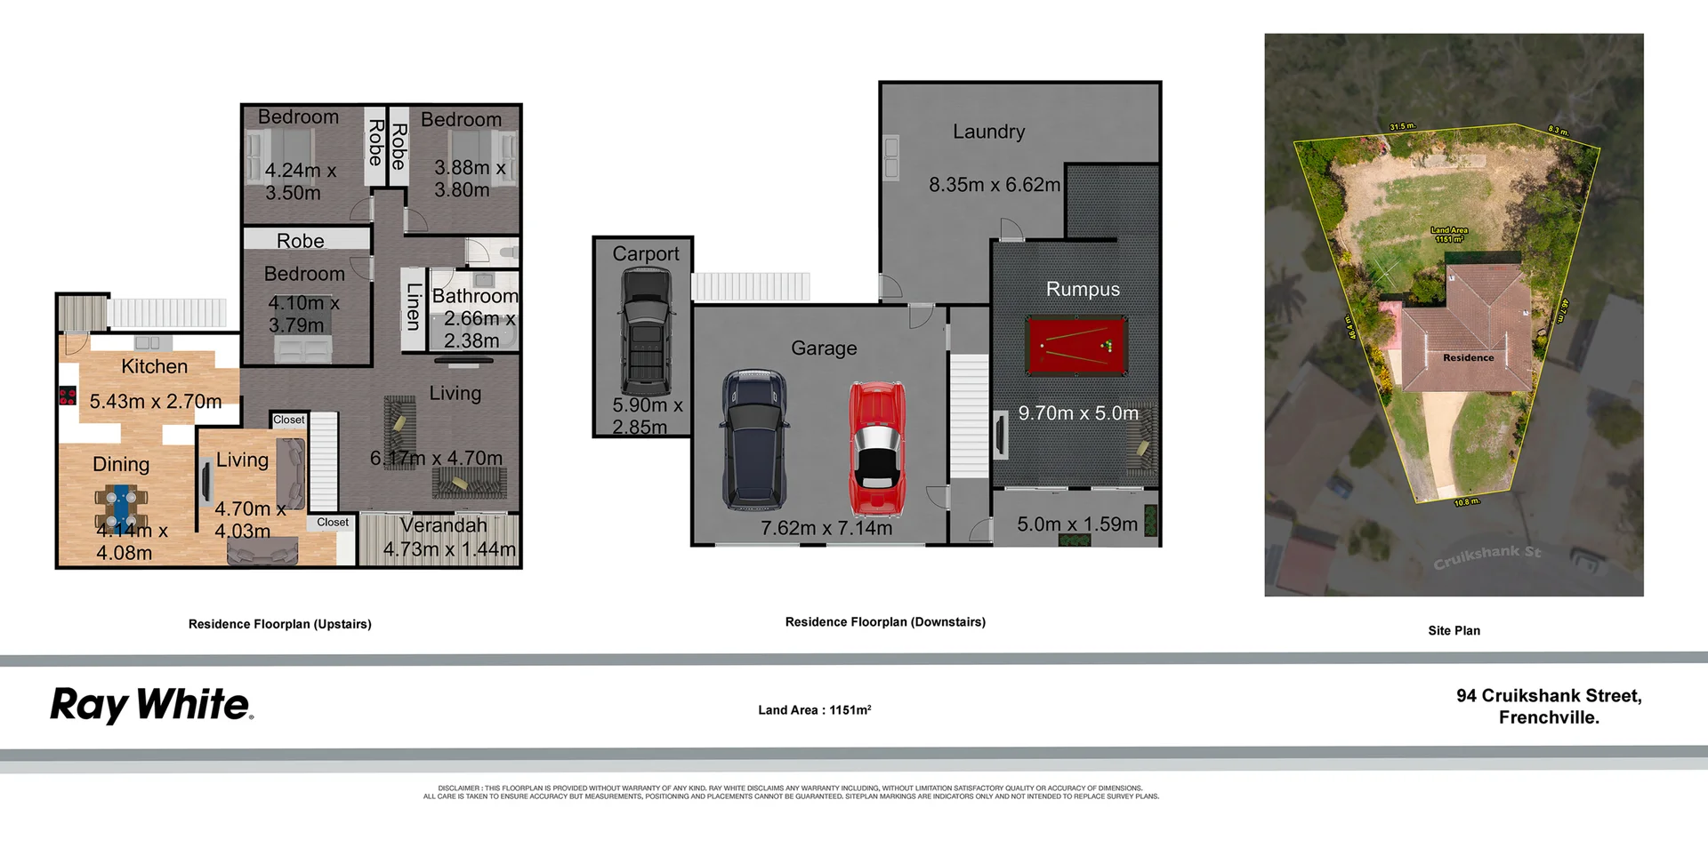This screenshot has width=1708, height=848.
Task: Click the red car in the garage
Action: [x=876, y=449]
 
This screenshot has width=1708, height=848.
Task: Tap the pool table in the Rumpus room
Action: [x=1076, y=344]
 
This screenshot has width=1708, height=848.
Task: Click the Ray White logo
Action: [x=152, y=705]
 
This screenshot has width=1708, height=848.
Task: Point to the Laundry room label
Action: [x=988, y=132]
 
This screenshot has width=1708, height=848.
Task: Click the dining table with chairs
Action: [x=120, y=508]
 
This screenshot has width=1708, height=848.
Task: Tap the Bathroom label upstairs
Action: [x=474, y=296]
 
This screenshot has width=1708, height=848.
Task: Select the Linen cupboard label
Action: [x=413, y=306]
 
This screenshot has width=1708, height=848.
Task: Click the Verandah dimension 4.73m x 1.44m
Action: [x=449, y=549]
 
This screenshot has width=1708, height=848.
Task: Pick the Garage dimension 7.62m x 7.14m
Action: [x=826, y=528]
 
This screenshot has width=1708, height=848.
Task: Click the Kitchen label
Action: [x=154, y=366]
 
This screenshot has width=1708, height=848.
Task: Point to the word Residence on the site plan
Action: [x=1468, y=357]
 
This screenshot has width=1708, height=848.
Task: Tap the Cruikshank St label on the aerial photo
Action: [x=1486, y=556]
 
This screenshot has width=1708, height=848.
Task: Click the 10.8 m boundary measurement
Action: [x=1466, y=502]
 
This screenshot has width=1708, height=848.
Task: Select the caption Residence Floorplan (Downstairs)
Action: [x=885, y=622]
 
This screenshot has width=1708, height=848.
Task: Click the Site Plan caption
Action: [x=1454, y=630]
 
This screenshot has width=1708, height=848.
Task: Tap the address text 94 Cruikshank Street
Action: [x=1548, y=696]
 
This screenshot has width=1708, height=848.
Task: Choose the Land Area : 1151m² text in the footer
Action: [x=814, y=710]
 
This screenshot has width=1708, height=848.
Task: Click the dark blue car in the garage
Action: [x=753, y=440]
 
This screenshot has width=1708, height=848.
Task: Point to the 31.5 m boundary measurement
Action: [x=1402, y=127]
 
